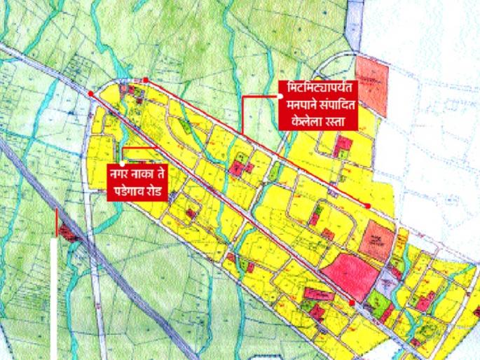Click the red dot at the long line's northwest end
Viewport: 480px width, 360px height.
pos(92,92)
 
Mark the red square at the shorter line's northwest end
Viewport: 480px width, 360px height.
pos(146,80)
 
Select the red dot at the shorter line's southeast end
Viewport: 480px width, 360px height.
pos(367,205)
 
